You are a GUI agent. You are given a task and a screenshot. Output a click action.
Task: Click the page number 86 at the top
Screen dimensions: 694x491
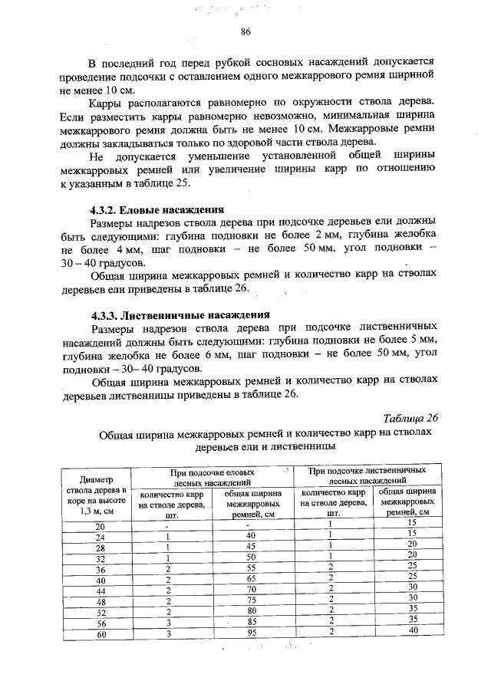coord(245,31)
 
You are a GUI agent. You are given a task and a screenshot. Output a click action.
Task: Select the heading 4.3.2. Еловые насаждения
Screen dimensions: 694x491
coord(157,209)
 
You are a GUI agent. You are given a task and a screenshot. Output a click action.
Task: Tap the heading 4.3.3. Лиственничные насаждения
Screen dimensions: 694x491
coord(180,314)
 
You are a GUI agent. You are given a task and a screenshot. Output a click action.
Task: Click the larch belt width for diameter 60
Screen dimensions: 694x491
coord(412,630)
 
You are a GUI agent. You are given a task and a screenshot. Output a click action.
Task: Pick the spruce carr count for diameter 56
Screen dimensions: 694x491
coord(166,623)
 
